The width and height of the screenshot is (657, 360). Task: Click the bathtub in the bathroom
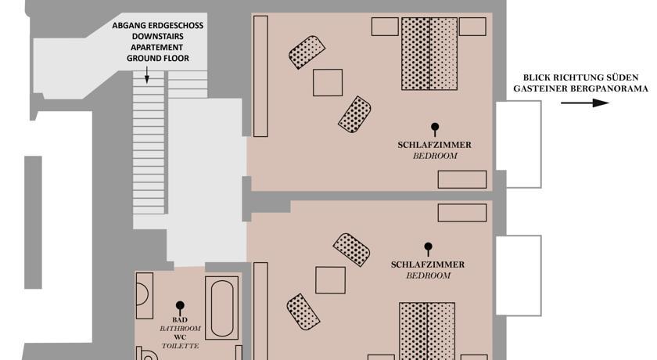(x=221, y=308)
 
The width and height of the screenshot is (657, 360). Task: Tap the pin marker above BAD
(x=180, y=308)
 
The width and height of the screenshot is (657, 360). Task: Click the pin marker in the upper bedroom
(x=435, y=129)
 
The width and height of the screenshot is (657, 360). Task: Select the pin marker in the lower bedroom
(x=428, y=249)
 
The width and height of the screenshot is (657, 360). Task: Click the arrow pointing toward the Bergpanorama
(x=585, y=103)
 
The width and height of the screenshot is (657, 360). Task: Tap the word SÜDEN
(x=624, y=77)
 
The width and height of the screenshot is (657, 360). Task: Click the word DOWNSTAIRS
(x=157, y=37)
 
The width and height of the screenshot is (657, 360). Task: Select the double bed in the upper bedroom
(x=429, y=53)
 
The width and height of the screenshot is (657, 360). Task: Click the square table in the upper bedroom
(x=328, y=82)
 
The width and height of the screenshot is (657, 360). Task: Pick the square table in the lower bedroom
(x=330, y=280)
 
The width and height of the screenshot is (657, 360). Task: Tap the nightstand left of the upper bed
(x=385, y=27)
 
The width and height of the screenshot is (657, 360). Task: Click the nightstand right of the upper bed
(x=472, y=27)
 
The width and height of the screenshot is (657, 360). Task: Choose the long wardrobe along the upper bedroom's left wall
(x=260, y=76)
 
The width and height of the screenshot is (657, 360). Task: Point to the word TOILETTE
(x=180, y=346)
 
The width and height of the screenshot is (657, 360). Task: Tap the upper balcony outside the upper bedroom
(x=519, y=144)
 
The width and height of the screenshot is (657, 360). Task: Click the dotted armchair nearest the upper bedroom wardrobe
(x=307, y=52)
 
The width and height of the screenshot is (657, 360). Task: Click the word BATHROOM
(x=180, y=328)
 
